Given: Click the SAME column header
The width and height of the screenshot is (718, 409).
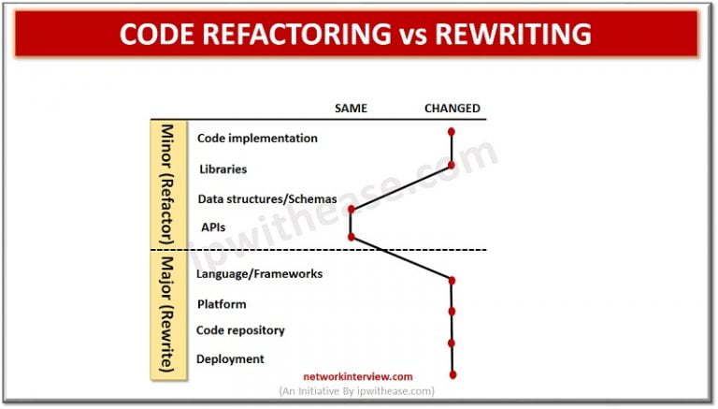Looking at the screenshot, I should coord(351,109).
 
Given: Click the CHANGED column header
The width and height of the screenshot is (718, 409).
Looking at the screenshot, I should coord(452,109).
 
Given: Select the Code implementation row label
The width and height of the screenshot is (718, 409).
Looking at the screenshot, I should coord(257,139).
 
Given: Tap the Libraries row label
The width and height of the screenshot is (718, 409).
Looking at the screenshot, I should coord(223,169).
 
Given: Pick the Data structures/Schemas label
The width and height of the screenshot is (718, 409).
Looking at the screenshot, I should coord(266,198).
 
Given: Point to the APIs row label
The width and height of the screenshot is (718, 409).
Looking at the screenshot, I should coord(213,226).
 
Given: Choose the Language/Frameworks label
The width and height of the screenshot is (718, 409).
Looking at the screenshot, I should coord(259,274).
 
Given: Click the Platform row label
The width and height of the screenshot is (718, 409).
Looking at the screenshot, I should coord(222,304).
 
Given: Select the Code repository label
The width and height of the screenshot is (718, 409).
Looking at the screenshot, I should coord(240,330).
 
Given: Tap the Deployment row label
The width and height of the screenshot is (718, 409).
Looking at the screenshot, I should coord(230,358).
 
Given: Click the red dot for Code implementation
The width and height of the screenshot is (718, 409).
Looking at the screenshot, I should coord(452,132).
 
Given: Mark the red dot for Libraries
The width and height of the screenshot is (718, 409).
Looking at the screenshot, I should coord(452,165).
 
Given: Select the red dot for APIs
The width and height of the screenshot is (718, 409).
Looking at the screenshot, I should coord(351,237).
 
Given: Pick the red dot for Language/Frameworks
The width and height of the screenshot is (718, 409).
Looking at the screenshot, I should coord(452,280).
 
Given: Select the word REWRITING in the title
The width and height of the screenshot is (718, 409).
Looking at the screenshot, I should coord(517,35).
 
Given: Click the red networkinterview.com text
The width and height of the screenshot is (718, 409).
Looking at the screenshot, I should coord(357,376).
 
